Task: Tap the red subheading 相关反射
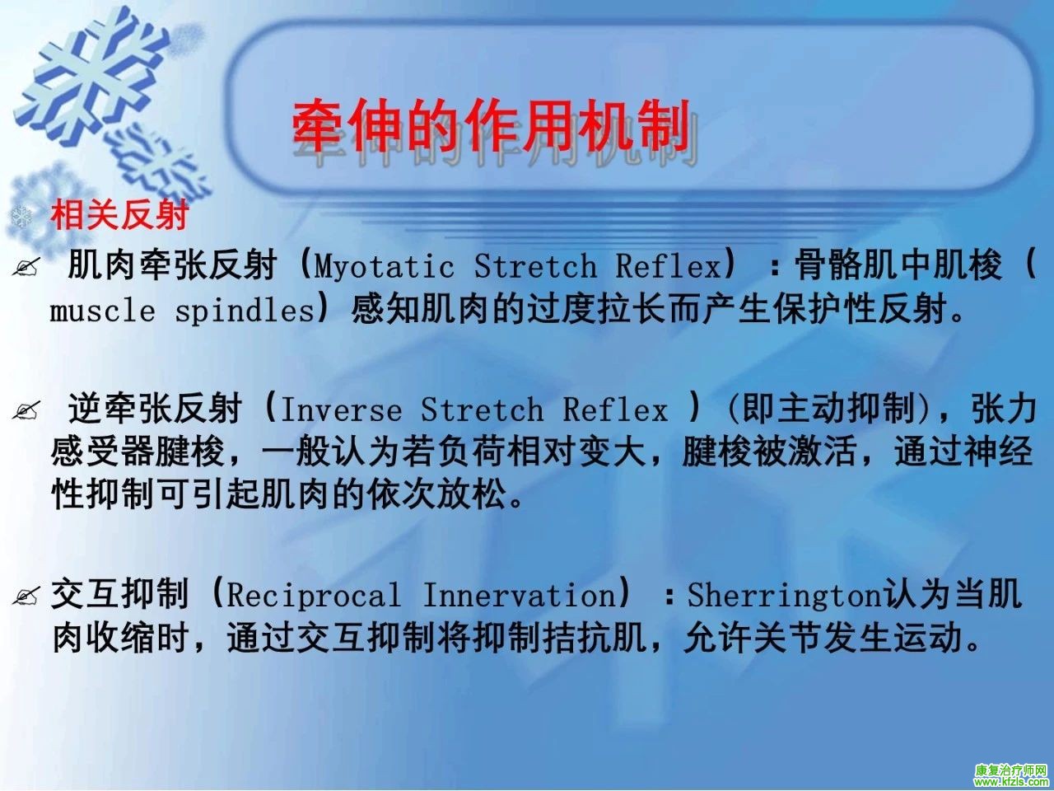point(119,215)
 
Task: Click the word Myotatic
point(385,265)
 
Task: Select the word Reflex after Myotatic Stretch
point(669,264)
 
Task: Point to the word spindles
point(245,311)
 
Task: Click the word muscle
point(103,311)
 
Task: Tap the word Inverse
point(342,410)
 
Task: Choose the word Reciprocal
point(314,596)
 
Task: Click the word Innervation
point(520,595)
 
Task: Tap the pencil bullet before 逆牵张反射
point(26,411)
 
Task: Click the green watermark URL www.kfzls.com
point(1011,782)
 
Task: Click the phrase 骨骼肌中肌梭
point(898,264)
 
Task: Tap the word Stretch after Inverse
point(482,410)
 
